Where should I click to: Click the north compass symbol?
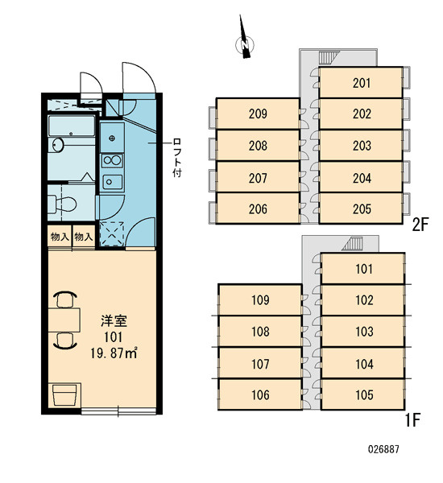coord(245,43)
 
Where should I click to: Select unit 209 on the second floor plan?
coord(258,114)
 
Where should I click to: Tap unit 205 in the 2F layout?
coord(361,208)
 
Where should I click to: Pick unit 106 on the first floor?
coord(260,394)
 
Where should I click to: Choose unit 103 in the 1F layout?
coord(363,332)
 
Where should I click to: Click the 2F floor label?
coord(420,225)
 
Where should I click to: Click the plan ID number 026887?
coord(383,449)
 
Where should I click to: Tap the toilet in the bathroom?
coord(62,204)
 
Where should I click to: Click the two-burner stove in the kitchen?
coord(112,160)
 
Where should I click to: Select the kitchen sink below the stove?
coord(112,182)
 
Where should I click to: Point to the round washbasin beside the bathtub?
coord(56,145)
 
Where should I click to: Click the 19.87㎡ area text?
coord(114,353)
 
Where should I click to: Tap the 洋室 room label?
coord(114,321)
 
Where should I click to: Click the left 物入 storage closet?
coord(60,237)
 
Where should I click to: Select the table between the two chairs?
coord(64,320)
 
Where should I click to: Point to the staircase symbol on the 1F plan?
coord(353,243)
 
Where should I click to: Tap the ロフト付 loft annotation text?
coord(177,158)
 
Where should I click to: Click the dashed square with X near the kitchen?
coord(112,234)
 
